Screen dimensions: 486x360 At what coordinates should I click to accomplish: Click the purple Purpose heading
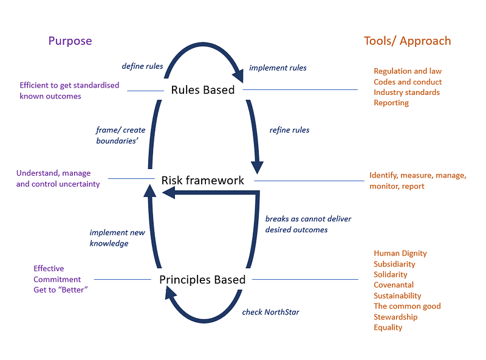[70, 41]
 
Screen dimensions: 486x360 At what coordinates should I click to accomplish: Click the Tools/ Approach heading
[407, 41]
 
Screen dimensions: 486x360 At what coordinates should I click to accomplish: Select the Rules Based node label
[203, 89]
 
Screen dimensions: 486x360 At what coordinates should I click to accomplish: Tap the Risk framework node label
[203, 181]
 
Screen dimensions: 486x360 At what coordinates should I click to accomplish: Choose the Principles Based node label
[202, 280]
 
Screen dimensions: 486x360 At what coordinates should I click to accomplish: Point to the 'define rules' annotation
[142, 66]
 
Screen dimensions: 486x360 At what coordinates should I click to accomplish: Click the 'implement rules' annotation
[278, 68]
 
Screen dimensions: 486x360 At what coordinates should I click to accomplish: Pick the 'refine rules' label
[289, 130]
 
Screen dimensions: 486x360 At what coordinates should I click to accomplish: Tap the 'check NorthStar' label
[270, 312]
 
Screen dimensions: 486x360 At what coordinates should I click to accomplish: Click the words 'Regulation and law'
[408, 71]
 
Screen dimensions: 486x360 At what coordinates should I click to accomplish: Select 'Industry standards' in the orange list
[406, 92]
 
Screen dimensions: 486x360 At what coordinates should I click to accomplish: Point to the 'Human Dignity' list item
[400, 253]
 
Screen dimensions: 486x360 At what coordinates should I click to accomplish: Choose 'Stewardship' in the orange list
[395, 317]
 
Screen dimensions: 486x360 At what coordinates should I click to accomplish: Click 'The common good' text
[407, 306]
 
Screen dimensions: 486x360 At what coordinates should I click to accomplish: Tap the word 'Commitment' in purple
[57, 279]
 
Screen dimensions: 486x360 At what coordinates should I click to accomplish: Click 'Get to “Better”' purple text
[61, 290]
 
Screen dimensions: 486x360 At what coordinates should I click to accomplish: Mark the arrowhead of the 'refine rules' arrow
[257, 168]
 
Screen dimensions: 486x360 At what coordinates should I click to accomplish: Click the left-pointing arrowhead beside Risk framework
[169, 193]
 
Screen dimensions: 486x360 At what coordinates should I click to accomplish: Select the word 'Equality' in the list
[388, 328]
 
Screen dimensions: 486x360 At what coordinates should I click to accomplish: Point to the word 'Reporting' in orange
[391, 103]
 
